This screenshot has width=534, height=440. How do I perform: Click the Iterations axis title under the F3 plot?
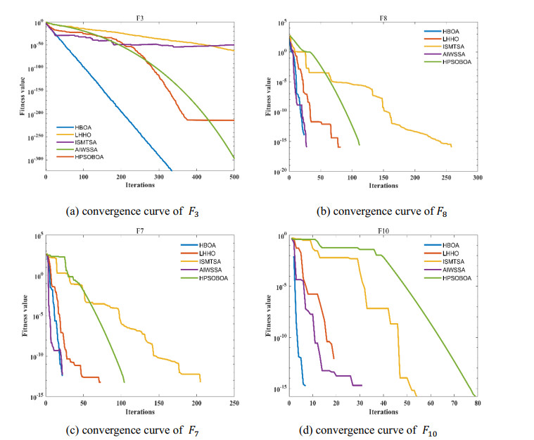click(199, 186)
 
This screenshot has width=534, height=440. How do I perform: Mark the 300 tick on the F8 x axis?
click(476, 178)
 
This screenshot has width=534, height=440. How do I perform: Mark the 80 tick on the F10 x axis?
click(477, 403)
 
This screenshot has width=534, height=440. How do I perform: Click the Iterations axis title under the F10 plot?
click(383, 411)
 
